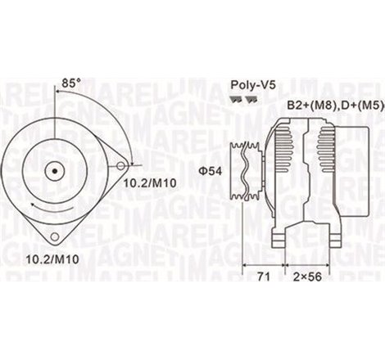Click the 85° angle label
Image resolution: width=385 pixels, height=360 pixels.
click(x=70, y=82)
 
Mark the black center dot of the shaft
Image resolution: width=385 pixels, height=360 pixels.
click(x=56, y=172)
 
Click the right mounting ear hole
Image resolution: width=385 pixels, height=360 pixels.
click(x=120, y=166)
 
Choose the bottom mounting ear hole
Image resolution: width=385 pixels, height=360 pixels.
click(x=55, y=236)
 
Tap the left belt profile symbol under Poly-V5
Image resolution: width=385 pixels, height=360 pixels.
click(x=234, y=97)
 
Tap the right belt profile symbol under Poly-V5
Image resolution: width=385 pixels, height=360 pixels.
click(x=249, y=97)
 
